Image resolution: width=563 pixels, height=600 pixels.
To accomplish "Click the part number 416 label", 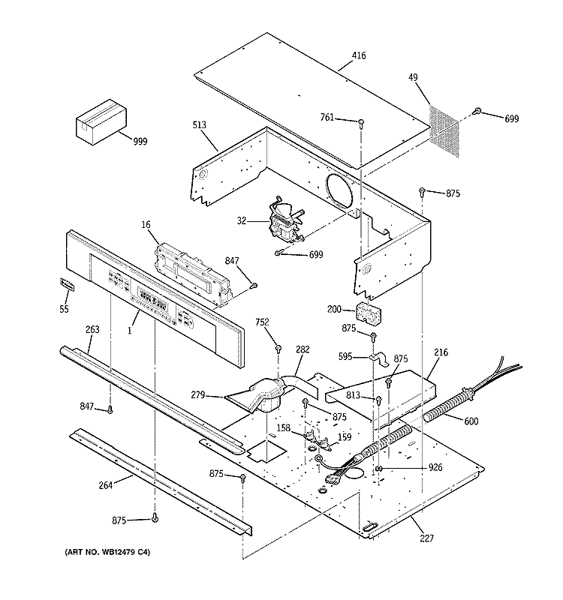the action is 359,55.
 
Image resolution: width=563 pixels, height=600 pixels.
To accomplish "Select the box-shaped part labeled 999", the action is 101,122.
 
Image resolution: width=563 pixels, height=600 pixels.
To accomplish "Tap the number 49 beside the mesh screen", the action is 413,78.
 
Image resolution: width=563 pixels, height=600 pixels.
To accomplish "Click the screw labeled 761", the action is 361,123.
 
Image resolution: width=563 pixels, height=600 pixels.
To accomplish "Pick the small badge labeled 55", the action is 67,285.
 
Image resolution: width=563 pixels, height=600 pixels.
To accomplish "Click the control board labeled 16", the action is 194,275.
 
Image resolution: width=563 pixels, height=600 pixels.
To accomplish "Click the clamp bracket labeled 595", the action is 379,359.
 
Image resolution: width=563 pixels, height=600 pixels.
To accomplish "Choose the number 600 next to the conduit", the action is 471,421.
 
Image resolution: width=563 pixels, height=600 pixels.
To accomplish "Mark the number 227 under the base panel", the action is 426,538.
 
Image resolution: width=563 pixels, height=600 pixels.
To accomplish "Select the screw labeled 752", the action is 278,349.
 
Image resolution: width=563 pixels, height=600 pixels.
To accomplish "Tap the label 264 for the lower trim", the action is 106,485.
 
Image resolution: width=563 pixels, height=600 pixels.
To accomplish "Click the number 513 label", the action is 199,125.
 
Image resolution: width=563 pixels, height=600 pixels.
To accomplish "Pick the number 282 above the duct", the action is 303,349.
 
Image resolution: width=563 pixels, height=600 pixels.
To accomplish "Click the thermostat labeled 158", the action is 310,435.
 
